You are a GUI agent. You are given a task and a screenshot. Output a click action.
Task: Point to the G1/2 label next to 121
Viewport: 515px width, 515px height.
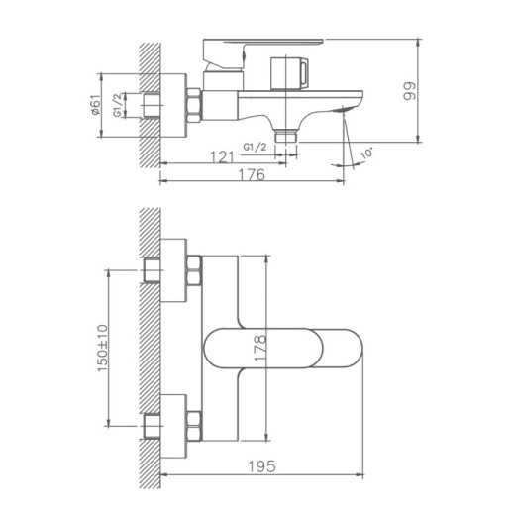[256, 147]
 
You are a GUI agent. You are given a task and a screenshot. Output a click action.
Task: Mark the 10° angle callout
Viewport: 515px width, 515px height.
[368, 152]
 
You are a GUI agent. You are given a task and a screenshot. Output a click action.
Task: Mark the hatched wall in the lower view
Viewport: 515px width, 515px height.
[150, 347]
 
